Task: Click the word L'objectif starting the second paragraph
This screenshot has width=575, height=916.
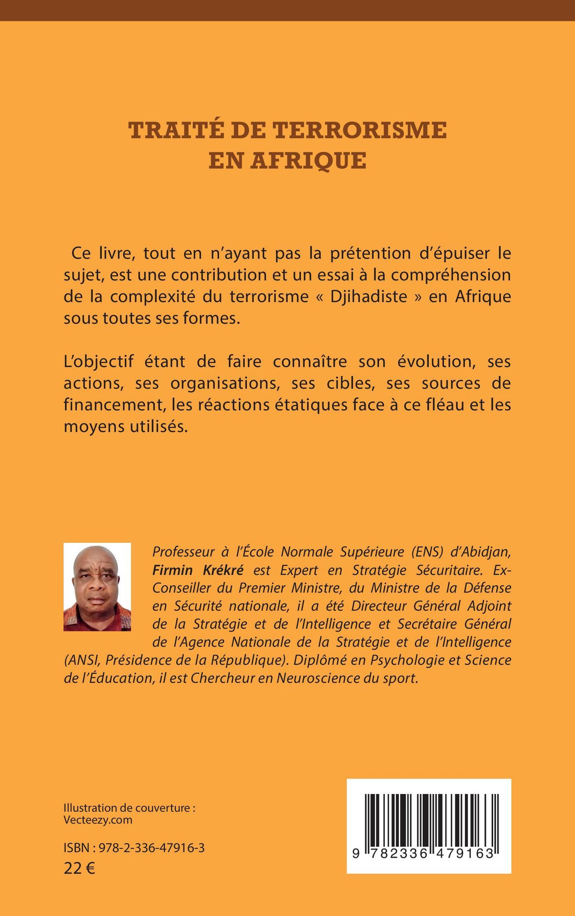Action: click(x=99, y=362)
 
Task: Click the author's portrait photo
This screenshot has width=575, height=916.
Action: click(x=97, y=587)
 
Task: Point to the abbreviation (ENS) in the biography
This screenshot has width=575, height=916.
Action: click(x=428, y=552)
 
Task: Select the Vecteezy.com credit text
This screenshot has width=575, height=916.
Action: click(x=98, y=820)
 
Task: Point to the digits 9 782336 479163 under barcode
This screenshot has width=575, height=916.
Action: click(x=423, y=854)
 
